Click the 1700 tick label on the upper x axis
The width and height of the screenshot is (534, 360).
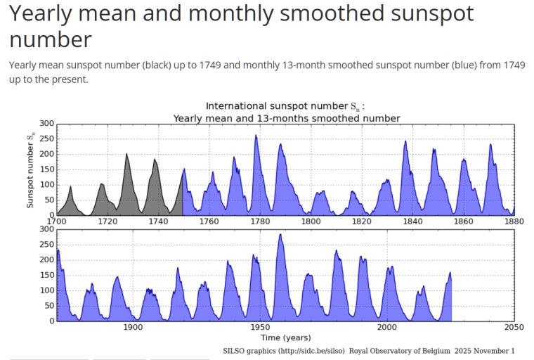tap(57, 221)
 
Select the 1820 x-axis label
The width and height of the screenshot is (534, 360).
tap(362, 221)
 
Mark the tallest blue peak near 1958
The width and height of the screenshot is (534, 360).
tap(280, 236)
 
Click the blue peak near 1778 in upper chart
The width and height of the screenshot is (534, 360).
tap(256, 136)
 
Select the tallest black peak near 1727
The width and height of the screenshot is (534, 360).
tap(126, 155)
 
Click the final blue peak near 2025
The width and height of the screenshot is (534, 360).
tap(450, 274)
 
